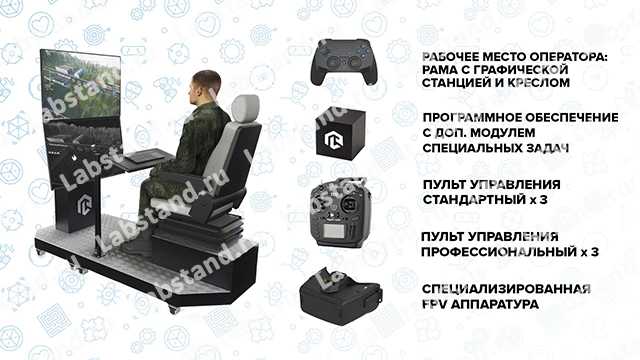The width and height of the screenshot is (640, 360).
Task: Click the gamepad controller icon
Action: pos(344,61)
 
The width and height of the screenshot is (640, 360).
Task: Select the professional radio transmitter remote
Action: pos(340,213)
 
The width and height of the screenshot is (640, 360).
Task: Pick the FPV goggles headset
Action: pos(340,297)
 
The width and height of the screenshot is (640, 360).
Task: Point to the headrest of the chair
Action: pos(245,108)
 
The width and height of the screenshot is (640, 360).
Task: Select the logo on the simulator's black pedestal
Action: pos(84,204)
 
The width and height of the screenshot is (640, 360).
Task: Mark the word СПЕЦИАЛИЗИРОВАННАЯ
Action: pos(506,289)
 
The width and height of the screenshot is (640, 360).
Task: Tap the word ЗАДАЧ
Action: pos(545,148)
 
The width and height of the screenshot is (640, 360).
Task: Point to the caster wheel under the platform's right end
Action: pos(173,310)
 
